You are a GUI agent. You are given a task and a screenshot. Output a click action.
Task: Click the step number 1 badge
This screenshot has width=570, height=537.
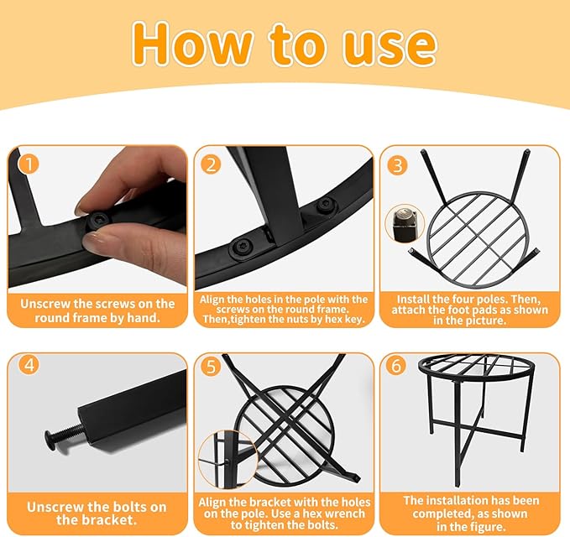[29, 164]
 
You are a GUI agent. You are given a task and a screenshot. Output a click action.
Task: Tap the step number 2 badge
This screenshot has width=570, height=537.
[211, 164]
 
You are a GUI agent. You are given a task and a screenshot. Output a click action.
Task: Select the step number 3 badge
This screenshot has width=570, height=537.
[397, 165]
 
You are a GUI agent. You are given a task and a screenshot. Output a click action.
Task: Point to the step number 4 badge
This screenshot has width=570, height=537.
[29, 364]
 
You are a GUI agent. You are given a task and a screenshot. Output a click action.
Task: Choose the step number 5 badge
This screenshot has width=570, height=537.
[211, 367]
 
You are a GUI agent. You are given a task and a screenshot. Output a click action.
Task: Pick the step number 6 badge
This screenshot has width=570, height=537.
[396, 365]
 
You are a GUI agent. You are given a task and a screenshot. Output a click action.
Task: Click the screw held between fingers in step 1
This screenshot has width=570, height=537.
[97, 221]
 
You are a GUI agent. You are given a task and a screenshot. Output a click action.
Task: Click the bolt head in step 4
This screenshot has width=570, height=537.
[53, 439]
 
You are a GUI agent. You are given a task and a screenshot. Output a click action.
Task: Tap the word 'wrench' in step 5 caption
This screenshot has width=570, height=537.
[342, 514]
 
